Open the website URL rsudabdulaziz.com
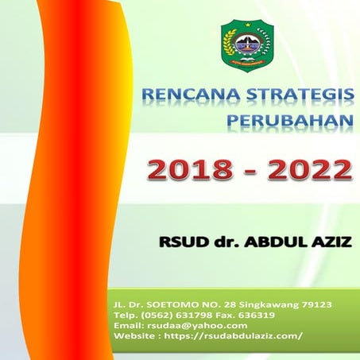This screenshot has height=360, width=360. tap(238, 336)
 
